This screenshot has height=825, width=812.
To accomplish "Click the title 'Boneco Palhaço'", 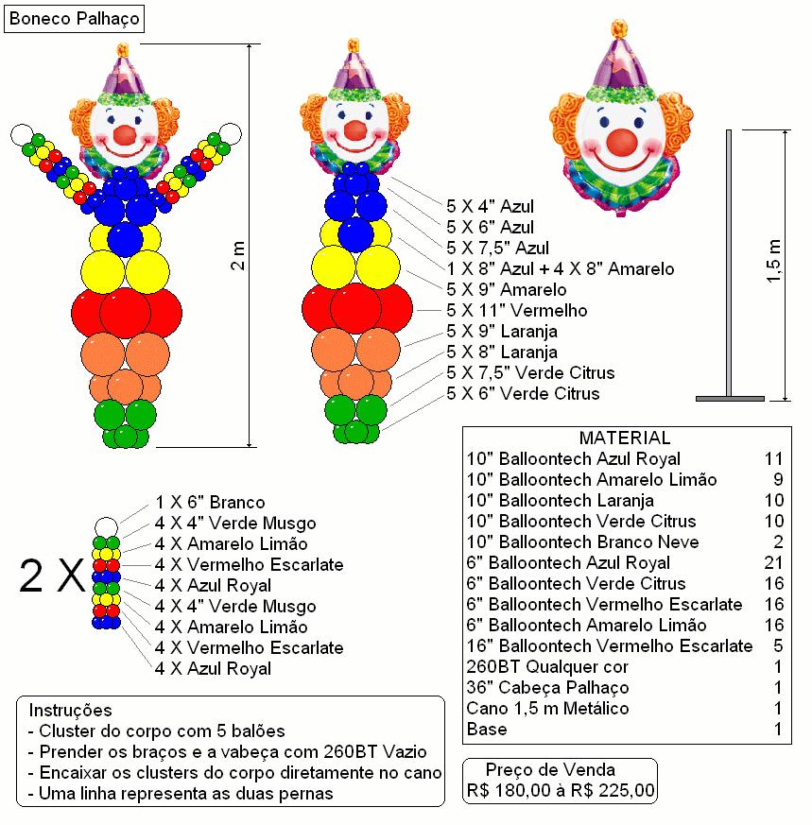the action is click(74, 18).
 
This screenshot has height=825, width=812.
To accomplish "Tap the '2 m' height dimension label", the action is click(238, 256).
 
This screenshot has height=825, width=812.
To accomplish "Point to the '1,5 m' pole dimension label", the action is click(773, 261).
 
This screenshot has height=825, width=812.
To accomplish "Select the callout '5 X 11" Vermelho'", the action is click(517, 310).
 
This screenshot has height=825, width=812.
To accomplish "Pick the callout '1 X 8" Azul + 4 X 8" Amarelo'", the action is click(561, 269).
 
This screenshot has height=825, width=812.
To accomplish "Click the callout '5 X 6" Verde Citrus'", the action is click(523, 393).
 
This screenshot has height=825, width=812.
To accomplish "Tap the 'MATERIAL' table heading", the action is click(625, 438).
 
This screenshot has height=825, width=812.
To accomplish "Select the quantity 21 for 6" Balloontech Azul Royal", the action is click(773, 562).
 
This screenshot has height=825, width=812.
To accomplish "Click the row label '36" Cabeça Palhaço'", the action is click(547, 687).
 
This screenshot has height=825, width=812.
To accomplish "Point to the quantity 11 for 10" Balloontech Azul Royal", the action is click(773, 458).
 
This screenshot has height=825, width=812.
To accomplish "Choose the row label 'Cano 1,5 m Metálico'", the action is click(547, 708).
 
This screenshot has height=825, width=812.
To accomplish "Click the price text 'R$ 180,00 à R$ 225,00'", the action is click(561, 790).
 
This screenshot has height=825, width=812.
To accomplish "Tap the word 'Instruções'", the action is click(71, 711).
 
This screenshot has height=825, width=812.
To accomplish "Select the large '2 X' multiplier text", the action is click(52, 576).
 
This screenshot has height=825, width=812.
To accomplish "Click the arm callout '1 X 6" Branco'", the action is click(210, 503).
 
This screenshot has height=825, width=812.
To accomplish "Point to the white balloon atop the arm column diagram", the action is click(106, 527).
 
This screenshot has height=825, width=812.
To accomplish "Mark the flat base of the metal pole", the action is click(730, 399).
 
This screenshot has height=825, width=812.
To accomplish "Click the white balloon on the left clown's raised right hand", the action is click(22, 135).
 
